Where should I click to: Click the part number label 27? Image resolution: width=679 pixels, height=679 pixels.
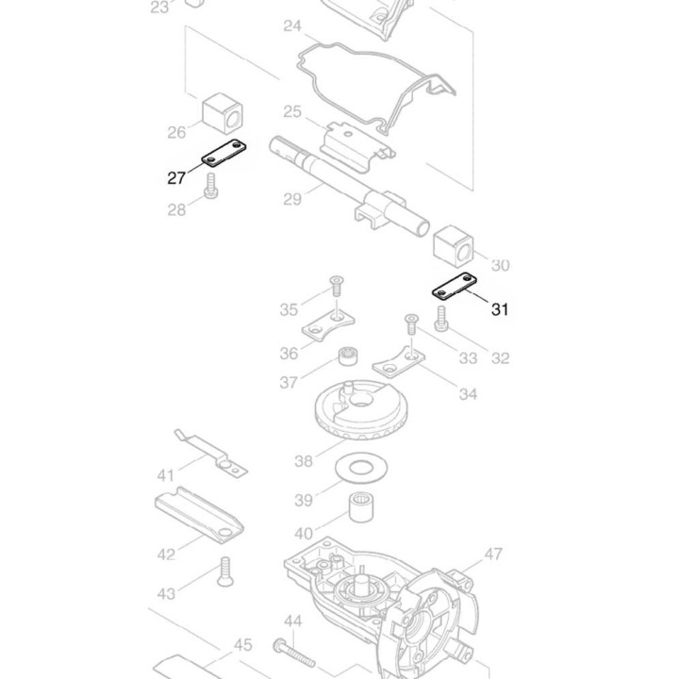[x=176, y=177]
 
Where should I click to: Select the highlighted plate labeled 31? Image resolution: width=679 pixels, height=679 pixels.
[x=455, y=285]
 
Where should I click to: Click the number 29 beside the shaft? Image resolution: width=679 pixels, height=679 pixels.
[x=291, y=198]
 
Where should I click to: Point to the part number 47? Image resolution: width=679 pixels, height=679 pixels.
[x=493, y=554]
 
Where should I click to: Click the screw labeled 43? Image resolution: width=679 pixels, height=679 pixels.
[x=225, y=571]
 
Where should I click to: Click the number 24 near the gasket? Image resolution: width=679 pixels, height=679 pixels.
[x=292, y=26]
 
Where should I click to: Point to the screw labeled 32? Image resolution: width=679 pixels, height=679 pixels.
[x=440, y=322]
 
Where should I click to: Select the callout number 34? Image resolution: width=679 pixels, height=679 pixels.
[x=468, y=393]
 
